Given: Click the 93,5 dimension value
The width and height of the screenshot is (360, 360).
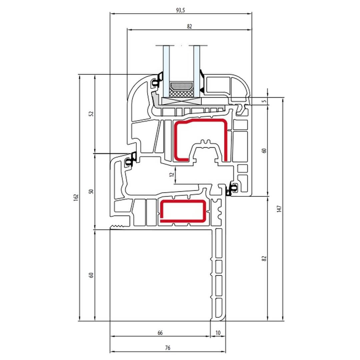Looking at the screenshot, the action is click(x=180, y=10).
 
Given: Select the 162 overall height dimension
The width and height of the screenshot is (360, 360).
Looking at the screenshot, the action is click(x=76, y=198).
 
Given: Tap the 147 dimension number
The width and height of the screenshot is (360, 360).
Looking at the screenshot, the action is click(x=279, y=209).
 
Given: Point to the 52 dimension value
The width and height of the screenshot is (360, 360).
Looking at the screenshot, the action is click(x=91, y=114).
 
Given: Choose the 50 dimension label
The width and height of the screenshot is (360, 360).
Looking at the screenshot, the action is click(x=91, y=191).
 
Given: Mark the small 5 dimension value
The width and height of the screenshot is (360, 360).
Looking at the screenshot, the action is click(x=264, y=101).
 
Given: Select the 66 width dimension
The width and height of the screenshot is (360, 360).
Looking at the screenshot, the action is click(x=160, y=333).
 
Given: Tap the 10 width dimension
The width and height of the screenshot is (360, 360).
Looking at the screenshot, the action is click(x=218, y=333).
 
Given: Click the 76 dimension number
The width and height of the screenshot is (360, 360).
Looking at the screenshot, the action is click(x=168, y=348).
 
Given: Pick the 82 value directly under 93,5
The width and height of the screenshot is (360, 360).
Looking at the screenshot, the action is click(x=189, y=26).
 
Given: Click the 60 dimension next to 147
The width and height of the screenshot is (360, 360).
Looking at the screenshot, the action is click(x=264, y=151).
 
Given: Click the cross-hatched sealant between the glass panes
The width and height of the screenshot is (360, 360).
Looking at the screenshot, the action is click(x=181, y=93).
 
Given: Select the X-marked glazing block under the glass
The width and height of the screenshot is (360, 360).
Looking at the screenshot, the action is click(x=181, y=101).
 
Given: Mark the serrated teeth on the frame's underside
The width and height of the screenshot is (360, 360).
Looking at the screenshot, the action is click(x=119, y=227).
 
